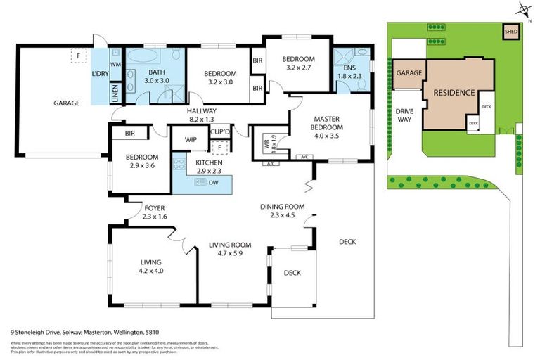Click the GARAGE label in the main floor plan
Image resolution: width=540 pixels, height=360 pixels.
pos(66,103)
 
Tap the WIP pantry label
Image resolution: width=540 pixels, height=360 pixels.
pos(190,139)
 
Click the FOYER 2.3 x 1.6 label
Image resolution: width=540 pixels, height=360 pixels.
pos(154,212)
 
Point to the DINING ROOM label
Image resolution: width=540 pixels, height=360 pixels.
pos(281,210)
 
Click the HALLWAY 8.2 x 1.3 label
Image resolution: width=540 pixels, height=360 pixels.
pos(201,115)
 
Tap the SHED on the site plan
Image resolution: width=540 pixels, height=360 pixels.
pos(510,31)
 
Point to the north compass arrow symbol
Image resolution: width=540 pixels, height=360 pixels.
pos(522,8)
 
